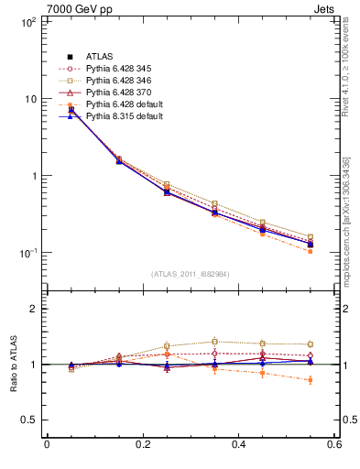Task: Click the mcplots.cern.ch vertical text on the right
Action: (347, 219)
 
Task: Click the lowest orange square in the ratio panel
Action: (311, 380)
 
